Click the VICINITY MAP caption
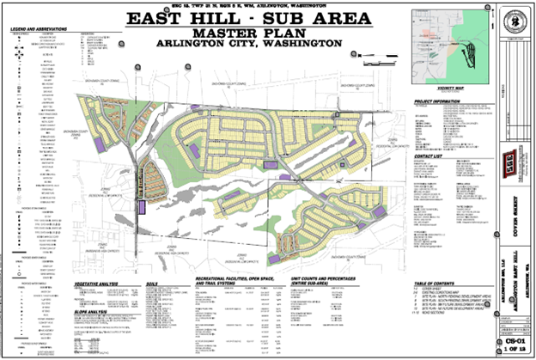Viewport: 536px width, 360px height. [x=450, y=88]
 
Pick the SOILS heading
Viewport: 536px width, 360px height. [x=155, y=281]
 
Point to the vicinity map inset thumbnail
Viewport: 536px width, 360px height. [x=450, y=48]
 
